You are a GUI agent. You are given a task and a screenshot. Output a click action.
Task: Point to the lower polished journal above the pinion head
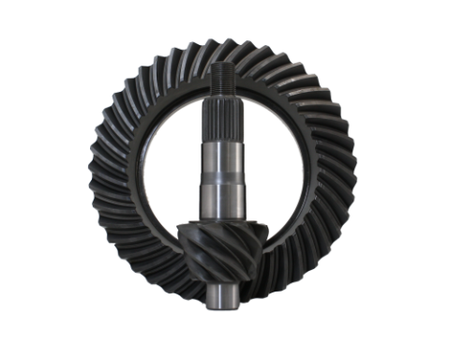tap(225, 202)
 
